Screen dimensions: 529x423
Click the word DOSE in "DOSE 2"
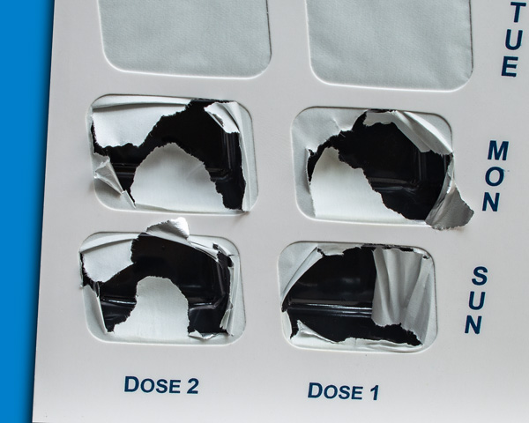(x=153, y=384)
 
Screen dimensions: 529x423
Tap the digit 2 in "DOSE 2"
(x=191, y=386)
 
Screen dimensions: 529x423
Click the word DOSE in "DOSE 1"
(x=335, y=390)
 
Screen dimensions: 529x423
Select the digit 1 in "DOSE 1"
(x=374, y=393)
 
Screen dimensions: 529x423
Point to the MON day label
(x=495, y=176)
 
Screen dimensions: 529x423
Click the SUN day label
(x=477, y=301)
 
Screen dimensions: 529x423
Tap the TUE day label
(x=511, y=39)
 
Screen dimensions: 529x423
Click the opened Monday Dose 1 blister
(x=373, y=166)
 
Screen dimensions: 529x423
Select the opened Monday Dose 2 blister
(x=173, y=154)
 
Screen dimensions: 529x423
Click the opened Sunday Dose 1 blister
(x=357, y=296)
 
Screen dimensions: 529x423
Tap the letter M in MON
(x=498, y=151)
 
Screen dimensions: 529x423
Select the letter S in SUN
(x=480, y=275)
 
